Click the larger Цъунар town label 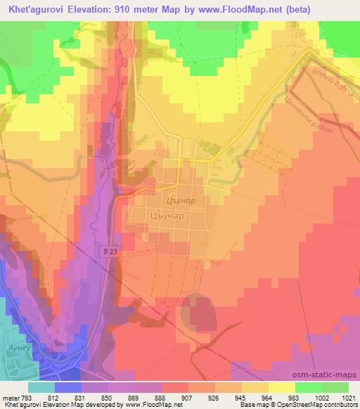coord(167,216)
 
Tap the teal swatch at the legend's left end coord(41,387)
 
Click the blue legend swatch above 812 coord(68,387)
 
